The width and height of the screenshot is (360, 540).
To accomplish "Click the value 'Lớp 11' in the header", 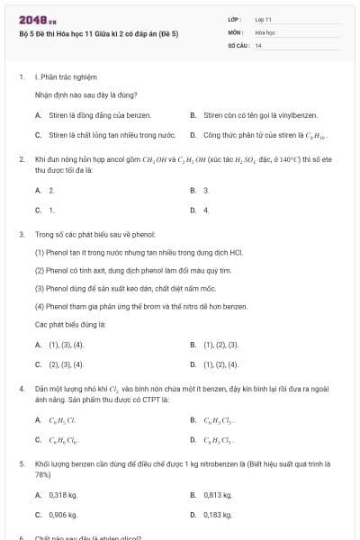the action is point(264,19).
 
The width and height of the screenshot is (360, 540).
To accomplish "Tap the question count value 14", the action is point(258,44).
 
